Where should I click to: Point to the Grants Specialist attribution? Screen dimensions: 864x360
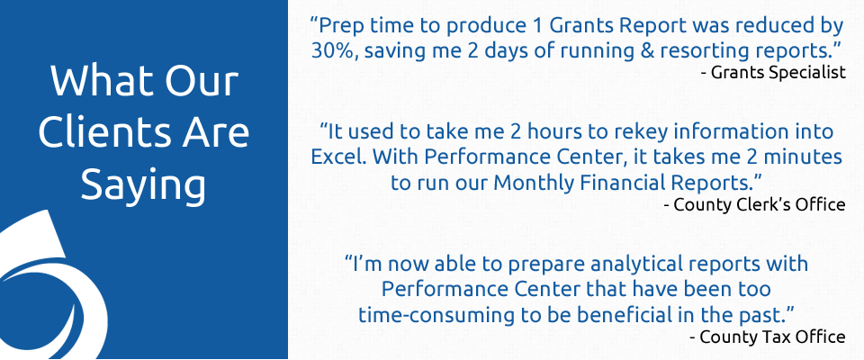[x=773, y=73]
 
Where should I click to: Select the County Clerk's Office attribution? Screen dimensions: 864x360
[x=755, y=205]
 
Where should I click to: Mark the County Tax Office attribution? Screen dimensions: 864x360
[x=768, y=337]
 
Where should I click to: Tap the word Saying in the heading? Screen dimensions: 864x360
[x=143, y=186]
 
